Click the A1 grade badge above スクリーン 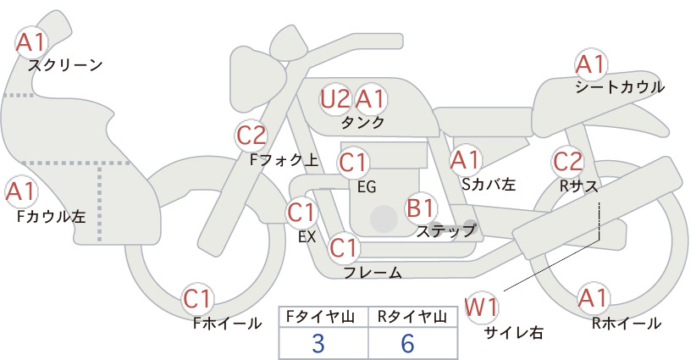[x=31, y=42]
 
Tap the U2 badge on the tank [x=335, y=99]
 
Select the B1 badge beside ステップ [x=421, y=208]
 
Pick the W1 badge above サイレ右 [x=481, y=307]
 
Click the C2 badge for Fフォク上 [x=251, y=136]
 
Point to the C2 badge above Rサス [x=567, y=162]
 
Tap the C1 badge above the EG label [x=353, y=163]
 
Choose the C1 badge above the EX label [x=301, y=212]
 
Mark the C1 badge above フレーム [x=344, y=247]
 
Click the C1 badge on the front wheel [x=197, y=299]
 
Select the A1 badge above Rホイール [x=593, y=298]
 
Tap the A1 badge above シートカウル [x=591, y=64]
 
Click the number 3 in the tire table [x=318, y=343]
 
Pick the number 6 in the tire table [x=407, y=343]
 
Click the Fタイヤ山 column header [x=320, y=317]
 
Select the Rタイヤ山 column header [x=412, y=317]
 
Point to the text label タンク [x=362, y=123]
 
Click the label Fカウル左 [x=51, y=216]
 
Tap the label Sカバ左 [x=489, y=184]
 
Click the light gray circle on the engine [x=384, y=219]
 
